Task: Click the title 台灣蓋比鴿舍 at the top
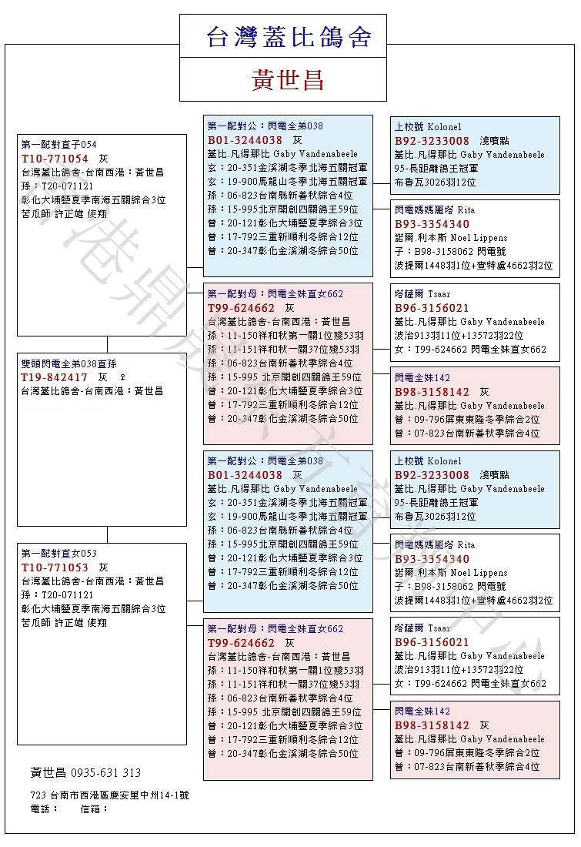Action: point(289,37)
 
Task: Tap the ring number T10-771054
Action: point(55,158)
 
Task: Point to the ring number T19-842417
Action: point(55,377)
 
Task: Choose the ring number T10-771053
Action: point(55,567)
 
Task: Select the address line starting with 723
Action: point(109,795)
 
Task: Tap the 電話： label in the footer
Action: point(44,809)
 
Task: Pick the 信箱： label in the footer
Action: point(95,809)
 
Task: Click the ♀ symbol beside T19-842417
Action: point(122,377)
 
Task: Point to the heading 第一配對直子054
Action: point(58,144)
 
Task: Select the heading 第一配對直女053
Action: point(58,554)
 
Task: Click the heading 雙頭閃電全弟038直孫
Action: point(69,363)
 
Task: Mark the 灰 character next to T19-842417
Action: point(102,377)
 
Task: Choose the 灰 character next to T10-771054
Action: point(103,158)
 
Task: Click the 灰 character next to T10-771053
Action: point(103,567)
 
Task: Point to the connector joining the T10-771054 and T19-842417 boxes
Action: point(107,344)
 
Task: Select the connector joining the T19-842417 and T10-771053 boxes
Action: point(107,534)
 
